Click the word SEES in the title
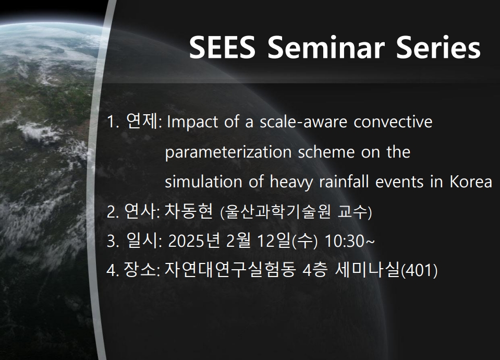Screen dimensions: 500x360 222,47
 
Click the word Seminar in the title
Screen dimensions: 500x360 326,47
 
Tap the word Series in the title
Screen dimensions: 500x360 438,47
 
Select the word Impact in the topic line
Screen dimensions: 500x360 192,122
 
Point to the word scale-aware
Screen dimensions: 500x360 303,122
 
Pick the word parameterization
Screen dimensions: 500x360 228,152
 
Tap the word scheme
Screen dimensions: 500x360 326,152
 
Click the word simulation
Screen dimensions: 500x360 203,182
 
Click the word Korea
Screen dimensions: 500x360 471,182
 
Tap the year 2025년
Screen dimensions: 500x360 194,241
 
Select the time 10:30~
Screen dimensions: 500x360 349,241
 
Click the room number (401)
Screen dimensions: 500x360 419,271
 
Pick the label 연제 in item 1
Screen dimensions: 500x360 142,121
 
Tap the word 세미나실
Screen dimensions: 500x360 368,270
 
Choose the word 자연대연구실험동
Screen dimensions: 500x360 229,270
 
